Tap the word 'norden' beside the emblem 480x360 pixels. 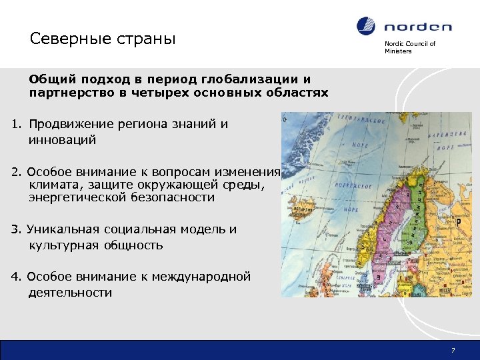[x=417, y=27]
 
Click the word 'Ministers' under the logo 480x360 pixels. [x=398, y=51]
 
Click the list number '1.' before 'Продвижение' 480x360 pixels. [x=17, y=124]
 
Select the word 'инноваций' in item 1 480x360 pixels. [x=63, y=140]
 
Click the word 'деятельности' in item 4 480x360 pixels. [x=70, y=293]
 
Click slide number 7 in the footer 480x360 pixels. [x=453, y=351]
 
